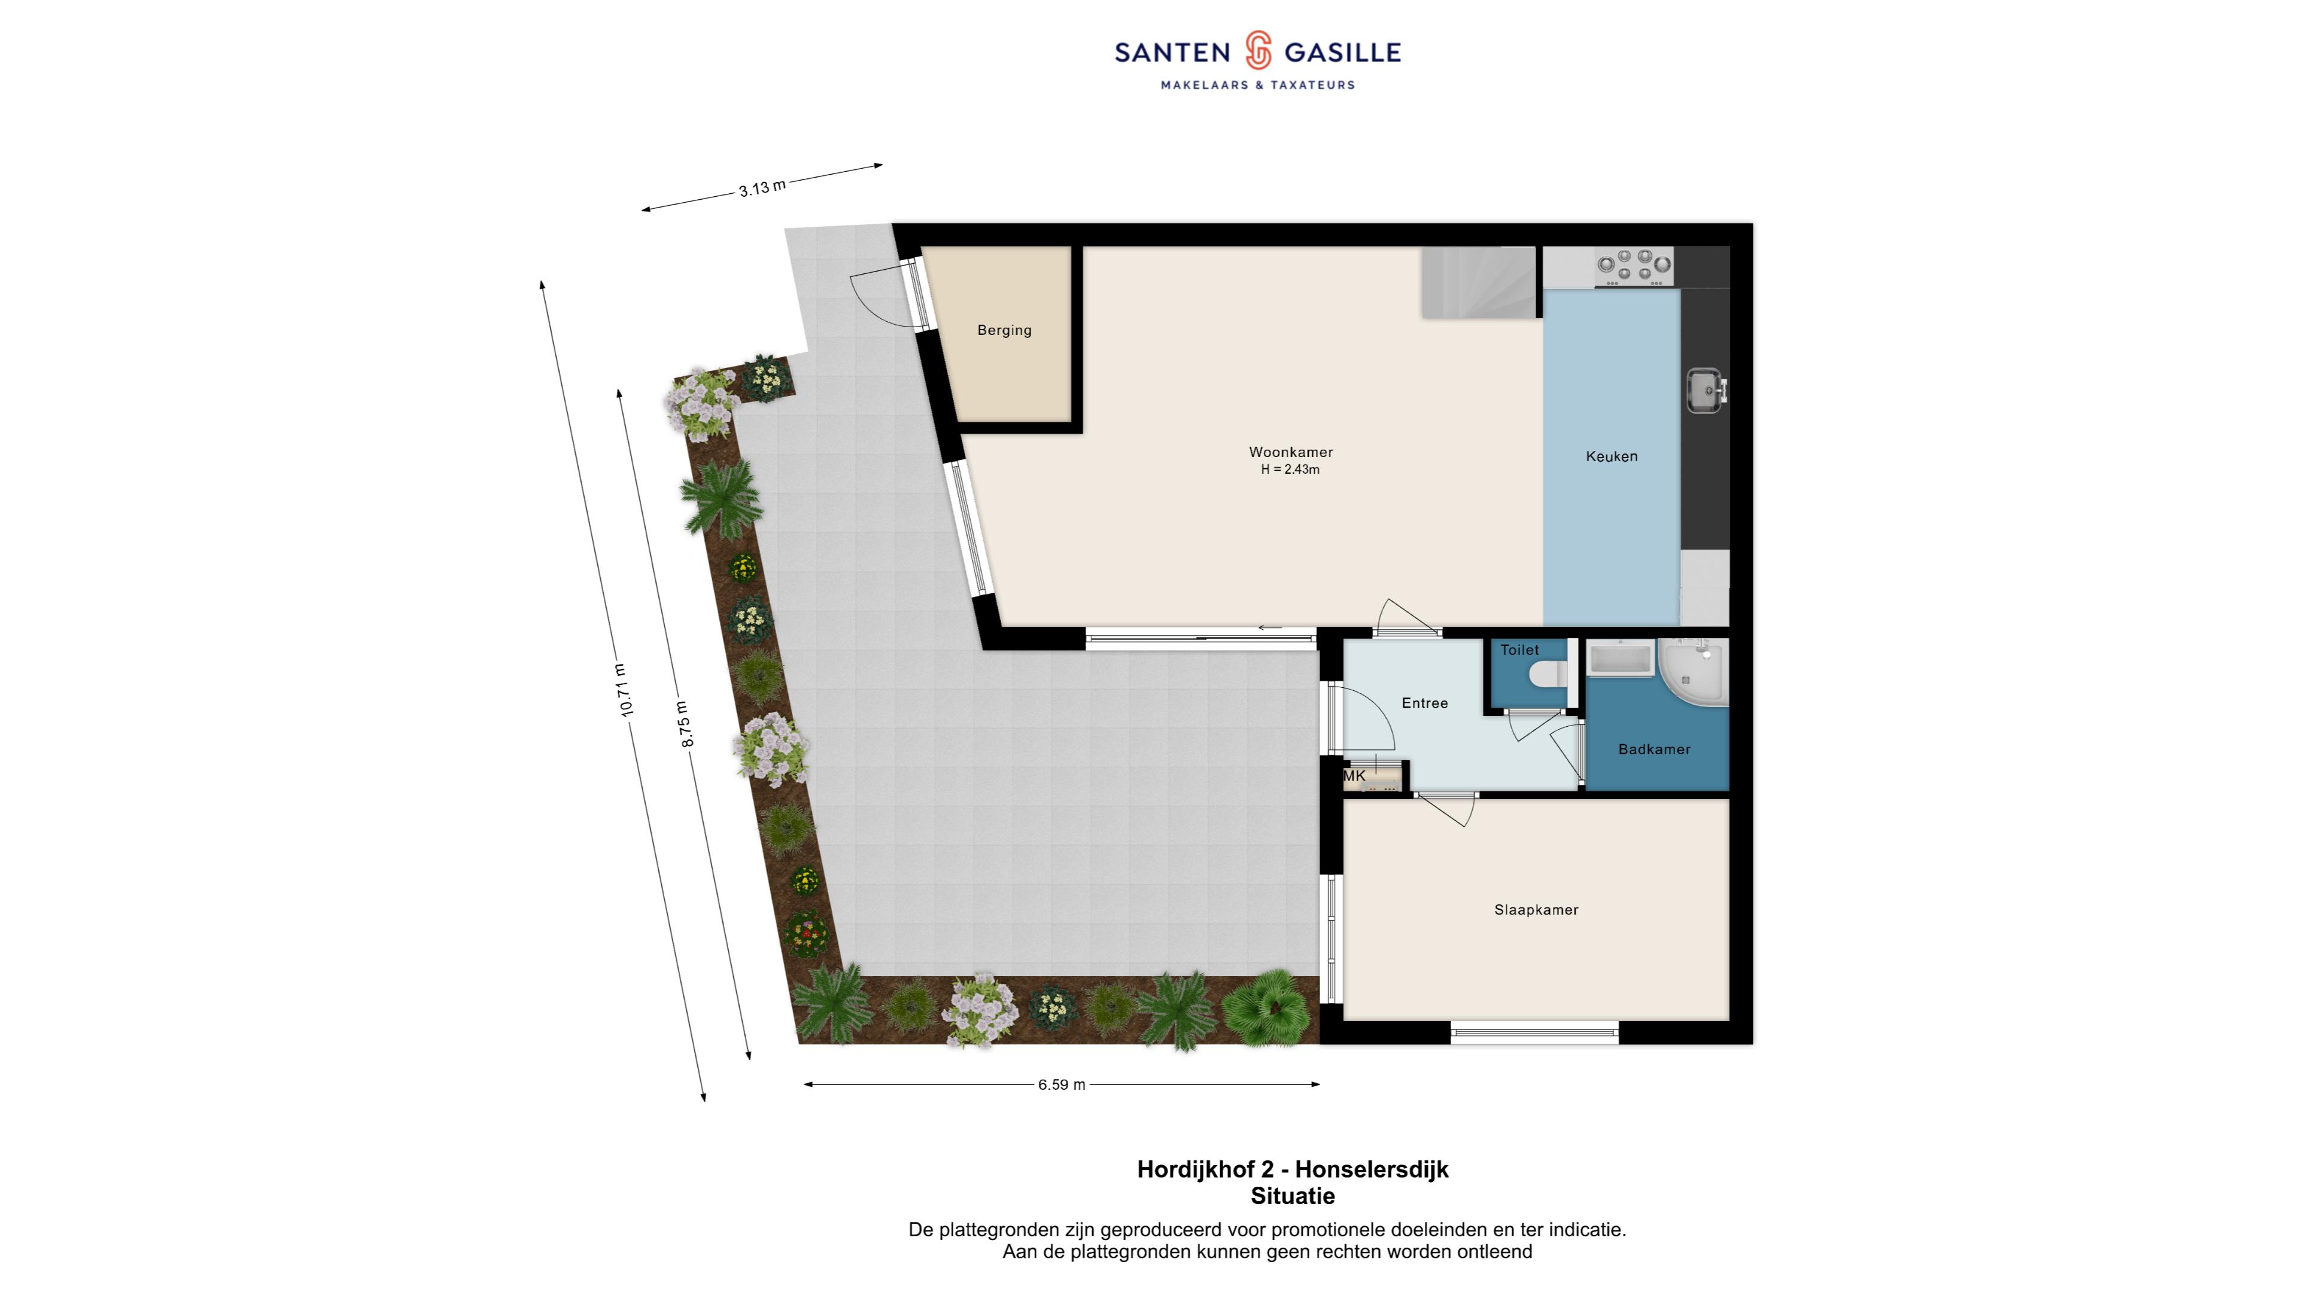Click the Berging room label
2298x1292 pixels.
tap(1005, 330)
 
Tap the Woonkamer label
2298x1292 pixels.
tap(1291, 452)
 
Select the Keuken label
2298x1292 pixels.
tap(1612, 456)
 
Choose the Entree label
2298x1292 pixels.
tap(1425, 703)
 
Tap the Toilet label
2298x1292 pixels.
tap(1519, 650)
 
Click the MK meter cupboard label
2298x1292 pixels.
tap(1354, 776)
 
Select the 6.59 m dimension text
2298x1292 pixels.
tap(1062, 1085)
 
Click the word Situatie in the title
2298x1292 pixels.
tap(1293, 1196)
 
